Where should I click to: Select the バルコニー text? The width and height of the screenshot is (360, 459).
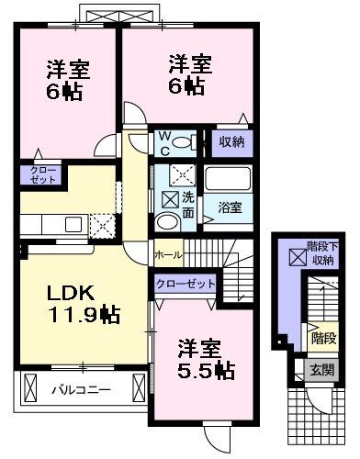click(80, 389)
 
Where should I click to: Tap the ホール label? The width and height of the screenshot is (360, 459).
click(168, 254)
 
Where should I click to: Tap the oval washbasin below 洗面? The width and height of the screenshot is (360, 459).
click(167, 223)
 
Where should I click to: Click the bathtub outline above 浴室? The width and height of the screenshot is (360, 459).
click(228, 179)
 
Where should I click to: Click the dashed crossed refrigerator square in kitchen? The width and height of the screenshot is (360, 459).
click(101, 224)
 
